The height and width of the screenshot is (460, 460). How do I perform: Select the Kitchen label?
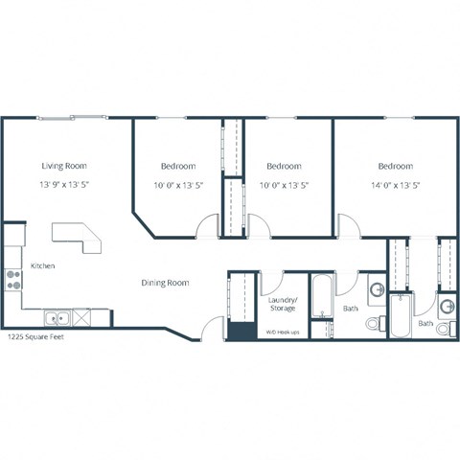pyautogui.click(x=43, y=265)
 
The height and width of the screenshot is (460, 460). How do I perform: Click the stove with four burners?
pyautogui.click(x=14, y=280)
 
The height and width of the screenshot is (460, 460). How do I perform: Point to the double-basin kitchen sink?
pyautogui.click(x=57, y=317)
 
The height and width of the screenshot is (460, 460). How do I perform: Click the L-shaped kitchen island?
pyautogui.click(x=78, y=236)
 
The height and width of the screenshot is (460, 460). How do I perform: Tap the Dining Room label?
pyautogui.click(x=166, y=283)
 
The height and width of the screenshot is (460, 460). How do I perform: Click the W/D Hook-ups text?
pyautogui.click(x=282, y=333)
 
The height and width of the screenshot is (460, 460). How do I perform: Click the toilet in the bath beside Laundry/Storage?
pyautogui.click(x=375, y=325)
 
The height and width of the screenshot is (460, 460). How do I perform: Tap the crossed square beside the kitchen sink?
pyautogui.click(x=82, y=317)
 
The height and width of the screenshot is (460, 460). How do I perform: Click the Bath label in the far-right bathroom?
pyautogui.click(x=425, y=324)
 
